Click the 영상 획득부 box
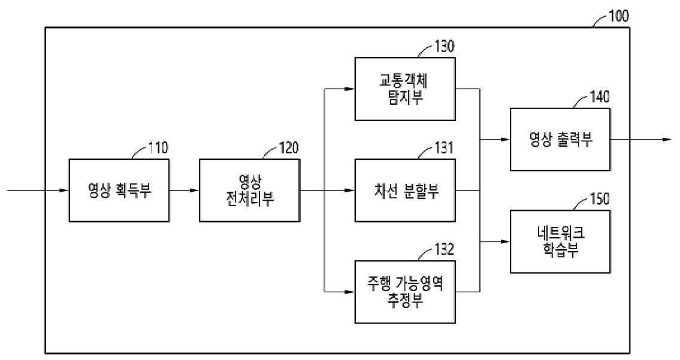coord(119,191)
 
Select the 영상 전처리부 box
coord(249,191)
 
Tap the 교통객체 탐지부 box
coord(405,89)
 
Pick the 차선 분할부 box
coord(405,191)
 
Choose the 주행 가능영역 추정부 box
coord(405,292)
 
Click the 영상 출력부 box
coord(560,140)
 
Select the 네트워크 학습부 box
coord(560,241)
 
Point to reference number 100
coord(618,16)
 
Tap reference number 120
coord(289,148)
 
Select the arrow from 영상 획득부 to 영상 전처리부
coord(184,191)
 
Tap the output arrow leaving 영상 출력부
coord(640,140)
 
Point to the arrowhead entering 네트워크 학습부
coord(506,241)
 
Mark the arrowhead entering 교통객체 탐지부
coord(350,89)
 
